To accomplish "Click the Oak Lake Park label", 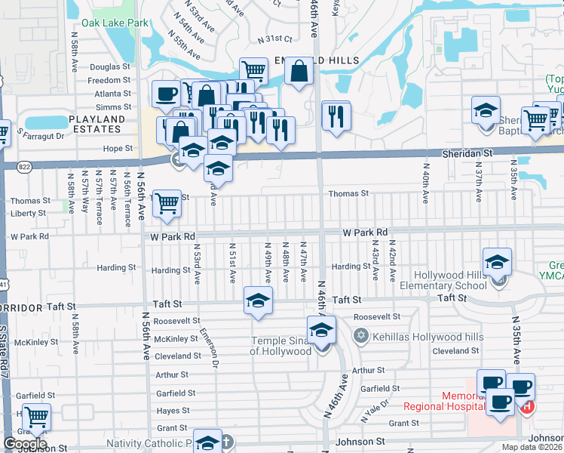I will [115, 23].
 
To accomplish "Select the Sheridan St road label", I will [467, 153].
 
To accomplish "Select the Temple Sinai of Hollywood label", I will [280, 346].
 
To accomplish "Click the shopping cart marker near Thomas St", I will [167, 203].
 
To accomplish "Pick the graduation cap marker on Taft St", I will [258, 301].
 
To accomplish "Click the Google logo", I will [25, 443].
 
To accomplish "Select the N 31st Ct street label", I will [274, 39].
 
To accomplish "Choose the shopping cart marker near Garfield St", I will [35, 418].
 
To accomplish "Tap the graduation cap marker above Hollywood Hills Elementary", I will [496, 262].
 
